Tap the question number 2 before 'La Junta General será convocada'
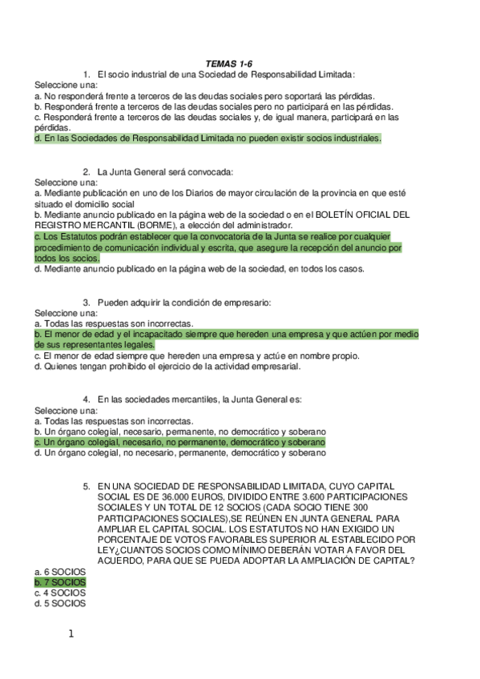click(87, 171)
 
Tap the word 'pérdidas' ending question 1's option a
click(357, 94)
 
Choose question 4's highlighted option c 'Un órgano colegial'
click(180, 441)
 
